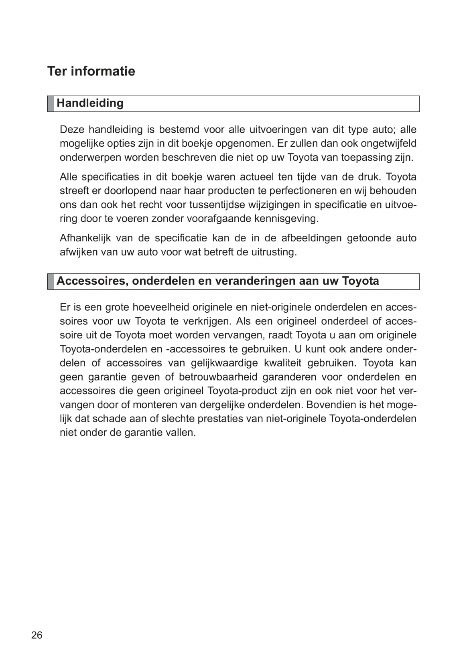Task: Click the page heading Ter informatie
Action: [91, 71]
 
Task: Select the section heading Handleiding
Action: [90, 103]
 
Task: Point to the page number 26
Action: [37, 635]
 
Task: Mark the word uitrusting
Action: [275, 252]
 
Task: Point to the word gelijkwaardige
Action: [224, 363]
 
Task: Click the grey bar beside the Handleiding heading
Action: [51, 103]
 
